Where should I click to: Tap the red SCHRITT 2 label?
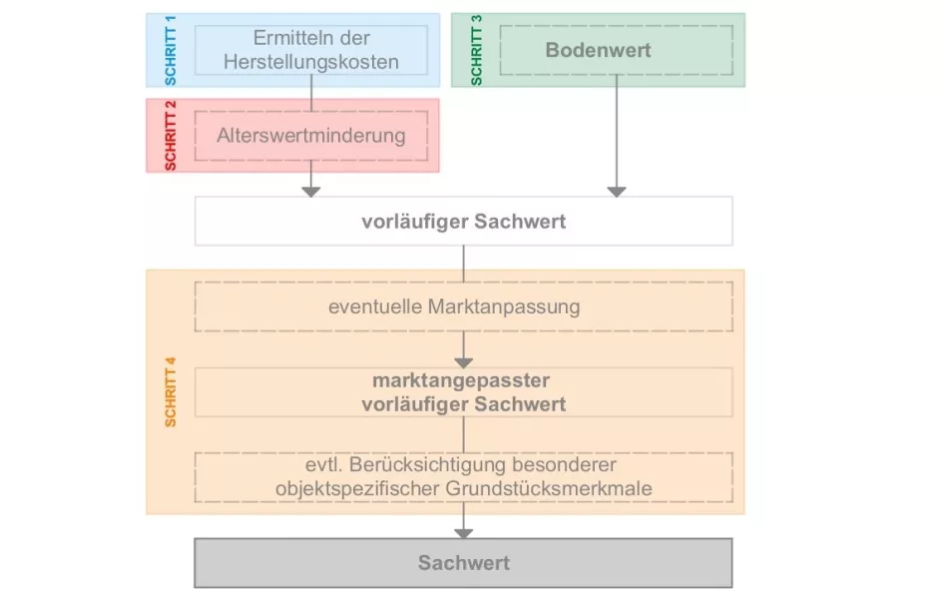170,136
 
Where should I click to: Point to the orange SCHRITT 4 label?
170,390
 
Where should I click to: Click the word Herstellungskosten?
311,62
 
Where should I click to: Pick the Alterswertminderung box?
311,135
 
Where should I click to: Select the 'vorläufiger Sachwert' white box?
463,221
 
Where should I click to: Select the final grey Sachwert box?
463,563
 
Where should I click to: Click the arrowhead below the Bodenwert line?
616,190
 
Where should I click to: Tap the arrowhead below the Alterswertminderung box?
311,190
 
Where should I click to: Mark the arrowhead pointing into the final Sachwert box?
463,533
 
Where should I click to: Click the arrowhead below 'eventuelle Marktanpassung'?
463,361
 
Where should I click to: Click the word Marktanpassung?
510,306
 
